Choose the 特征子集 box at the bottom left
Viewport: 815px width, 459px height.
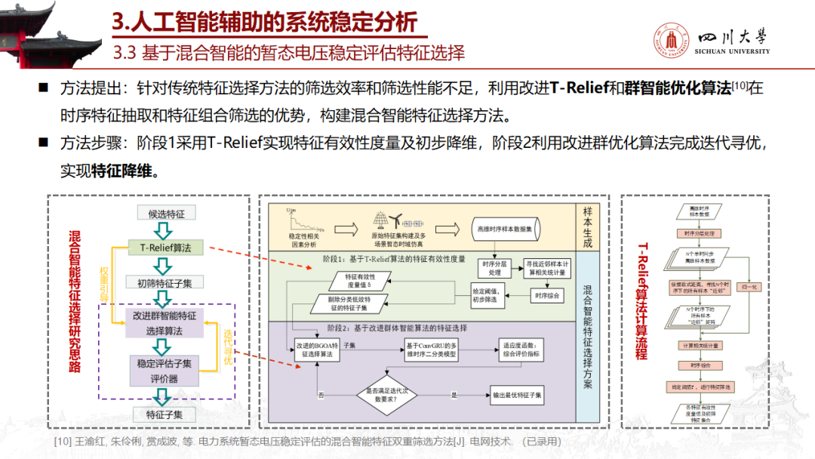point(165,414)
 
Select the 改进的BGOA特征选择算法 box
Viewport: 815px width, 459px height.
point(316,348)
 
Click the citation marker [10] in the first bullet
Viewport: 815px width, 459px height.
point(740,86)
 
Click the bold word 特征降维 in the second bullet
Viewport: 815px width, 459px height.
point(125,171)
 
